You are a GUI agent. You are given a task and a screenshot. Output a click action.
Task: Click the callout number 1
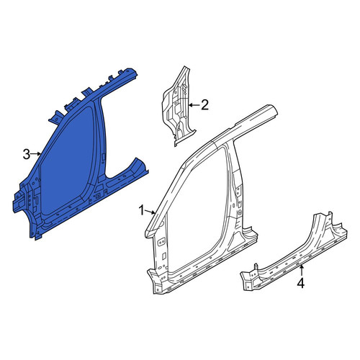coord(142,210)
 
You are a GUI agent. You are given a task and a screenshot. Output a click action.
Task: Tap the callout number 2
coord(204,105)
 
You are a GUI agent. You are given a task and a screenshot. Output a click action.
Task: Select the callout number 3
coord(27,154)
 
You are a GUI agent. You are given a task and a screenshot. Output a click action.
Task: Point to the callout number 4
coord(301,283)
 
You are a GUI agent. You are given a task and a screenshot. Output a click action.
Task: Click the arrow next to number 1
coord(150,212)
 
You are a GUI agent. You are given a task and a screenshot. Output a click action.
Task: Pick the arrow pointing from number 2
coord(194,105)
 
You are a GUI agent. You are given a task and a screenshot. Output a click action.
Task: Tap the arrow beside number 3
coord(36,154)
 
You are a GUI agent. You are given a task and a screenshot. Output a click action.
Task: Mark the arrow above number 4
coord(301,271)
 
